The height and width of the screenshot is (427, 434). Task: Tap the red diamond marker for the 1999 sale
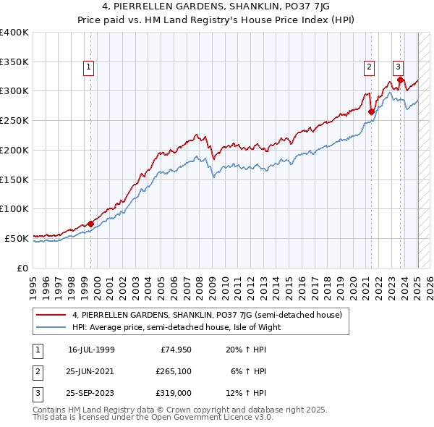point(90,224)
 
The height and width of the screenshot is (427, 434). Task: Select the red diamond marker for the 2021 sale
point(371,111)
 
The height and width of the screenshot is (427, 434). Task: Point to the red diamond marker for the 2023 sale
point(400,80)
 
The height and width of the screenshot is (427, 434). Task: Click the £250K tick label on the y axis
point(14,120)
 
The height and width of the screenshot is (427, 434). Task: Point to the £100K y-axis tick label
point(14,208)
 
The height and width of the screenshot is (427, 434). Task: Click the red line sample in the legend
point(51,315)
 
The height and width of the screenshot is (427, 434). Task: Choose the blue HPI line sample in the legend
point(51,327)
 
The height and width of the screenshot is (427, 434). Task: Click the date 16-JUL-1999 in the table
point(91,350)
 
